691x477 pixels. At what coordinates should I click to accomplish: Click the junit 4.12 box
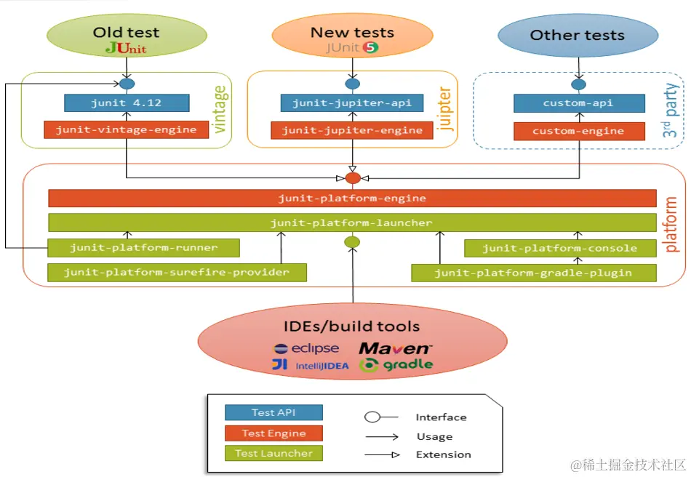127,103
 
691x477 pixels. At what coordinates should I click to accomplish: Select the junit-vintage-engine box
127,129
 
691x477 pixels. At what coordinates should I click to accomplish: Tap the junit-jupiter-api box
352,103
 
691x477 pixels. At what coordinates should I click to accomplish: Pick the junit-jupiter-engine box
352,130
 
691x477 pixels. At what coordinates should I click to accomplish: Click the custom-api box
579,103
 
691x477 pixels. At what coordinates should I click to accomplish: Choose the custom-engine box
579,132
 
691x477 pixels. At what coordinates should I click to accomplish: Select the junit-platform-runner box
144,248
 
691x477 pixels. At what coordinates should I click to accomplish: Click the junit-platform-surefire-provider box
177,273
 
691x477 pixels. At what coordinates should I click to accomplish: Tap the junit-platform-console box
560,249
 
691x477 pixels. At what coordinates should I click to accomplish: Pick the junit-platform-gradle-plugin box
534,273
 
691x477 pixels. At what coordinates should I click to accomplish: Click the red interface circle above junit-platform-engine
353,178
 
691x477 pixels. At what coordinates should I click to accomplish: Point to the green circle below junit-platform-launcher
352,242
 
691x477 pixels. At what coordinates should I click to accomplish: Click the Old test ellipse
127,36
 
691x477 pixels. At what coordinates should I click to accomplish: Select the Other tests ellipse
578,35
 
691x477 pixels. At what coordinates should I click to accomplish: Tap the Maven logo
395,348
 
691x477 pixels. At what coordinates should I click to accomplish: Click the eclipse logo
307,348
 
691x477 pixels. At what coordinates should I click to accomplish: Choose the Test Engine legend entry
273,433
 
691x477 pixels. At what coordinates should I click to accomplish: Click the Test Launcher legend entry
273,453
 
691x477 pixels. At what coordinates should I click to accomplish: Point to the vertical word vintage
220,109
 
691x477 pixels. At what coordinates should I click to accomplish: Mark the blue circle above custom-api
579,84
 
